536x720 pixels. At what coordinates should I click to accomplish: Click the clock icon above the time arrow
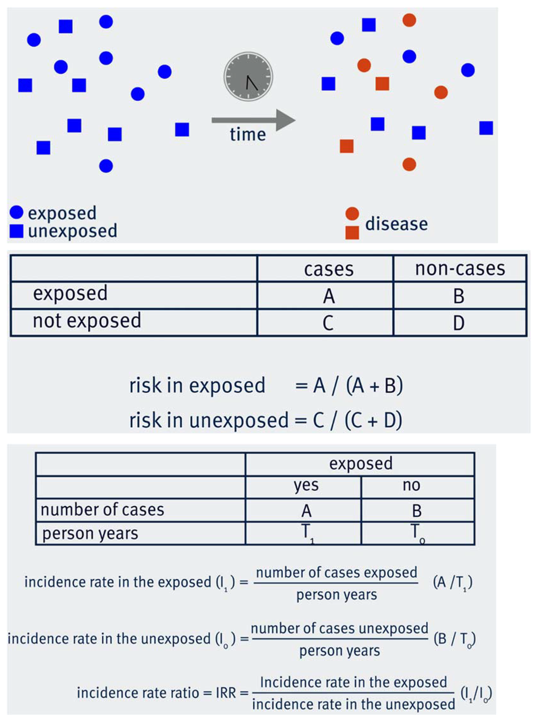click(248, 76)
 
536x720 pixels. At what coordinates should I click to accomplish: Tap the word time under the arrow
click(248, 135)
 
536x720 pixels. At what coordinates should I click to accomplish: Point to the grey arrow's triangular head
click(285, 120)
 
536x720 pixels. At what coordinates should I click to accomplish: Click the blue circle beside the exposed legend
click(16, 212)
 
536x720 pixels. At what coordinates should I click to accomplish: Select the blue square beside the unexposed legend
click(16, 231)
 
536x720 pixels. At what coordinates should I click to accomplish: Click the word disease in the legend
click(396, 224)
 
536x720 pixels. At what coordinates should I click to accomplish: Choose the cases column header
click(328, 269)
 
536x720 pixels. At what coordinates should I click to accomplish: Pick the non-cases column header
click(460, 269)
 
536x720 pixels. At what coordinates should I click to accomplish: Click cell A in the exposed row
click(329, 296)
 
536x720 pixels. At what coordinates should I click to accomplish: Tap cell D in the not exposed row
click(459, 323)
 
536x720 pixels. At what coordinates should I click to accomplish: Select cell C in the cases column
click(328, 323)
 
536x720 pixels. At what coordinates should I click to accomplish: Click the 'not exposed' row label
click(87, 321)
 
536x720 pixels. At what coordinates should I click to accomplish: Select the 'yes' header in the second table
click(306, 485)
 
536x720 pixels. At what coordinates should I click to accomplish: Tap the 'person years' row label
click(90, 533)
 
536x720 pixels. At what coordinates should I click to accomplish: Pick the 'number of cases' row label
click(102, 510)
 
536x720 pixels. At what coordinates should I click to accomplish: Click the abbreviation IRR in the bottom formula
click(225, 693)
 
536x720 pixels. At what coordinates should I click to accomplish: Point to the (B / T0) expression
click(454, 639)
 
